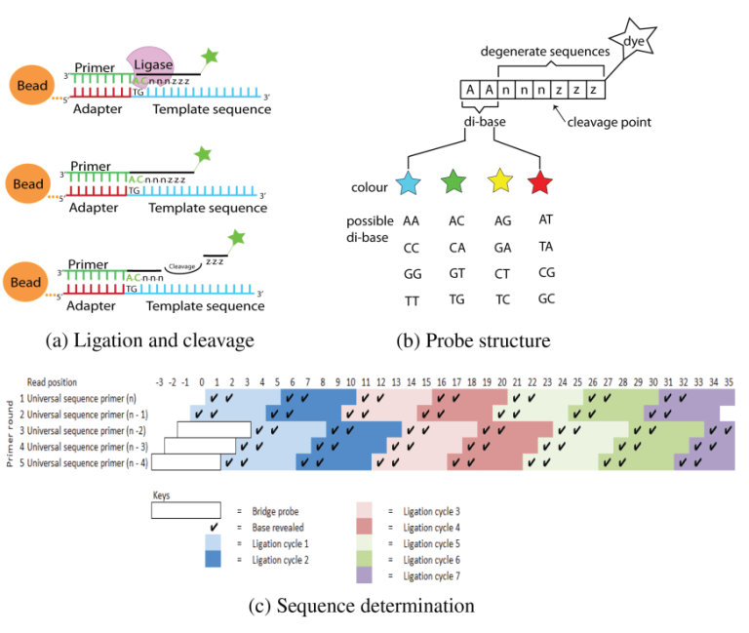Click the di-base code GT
[x=455, y=273]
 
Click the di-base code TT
[x=412, y=300]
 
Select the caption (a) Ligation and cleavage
[x=150, y=340]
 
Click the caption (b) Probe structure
[x=472, y=340]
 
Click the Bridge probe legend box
[x=185, y=510]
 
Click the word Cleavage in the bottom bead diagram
[x=181, y=265]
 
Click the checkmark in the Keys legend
[x=212, y=527]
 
